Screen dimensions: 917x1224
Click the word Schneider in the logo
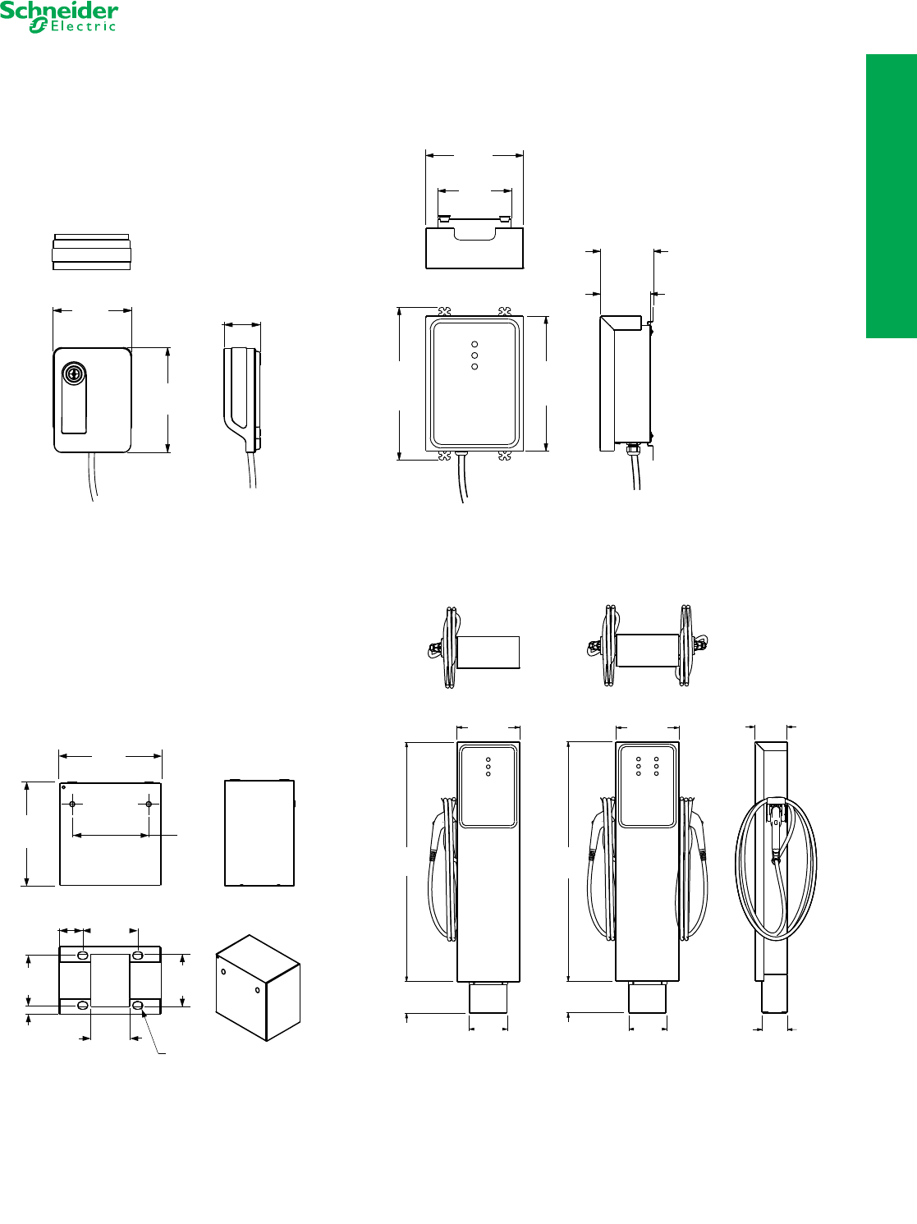point(59,11)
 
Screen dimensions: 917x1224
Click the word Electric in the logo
point(83,26)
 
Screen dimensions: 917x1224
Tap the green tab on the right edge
point(891,195)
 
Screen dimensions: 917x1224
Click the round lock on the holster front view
point(74,373)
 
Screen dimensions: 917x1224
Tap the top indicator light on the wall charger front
point(475,345)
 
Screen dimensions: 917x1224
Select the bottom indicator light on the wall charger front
point(475,366)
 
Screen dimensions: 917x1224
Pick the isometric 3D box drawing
point(258,988)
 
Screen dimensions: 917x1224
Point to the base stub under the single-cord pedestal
point(488,997)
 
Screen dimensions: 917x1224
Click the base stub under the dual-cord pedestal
point(647,997)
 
